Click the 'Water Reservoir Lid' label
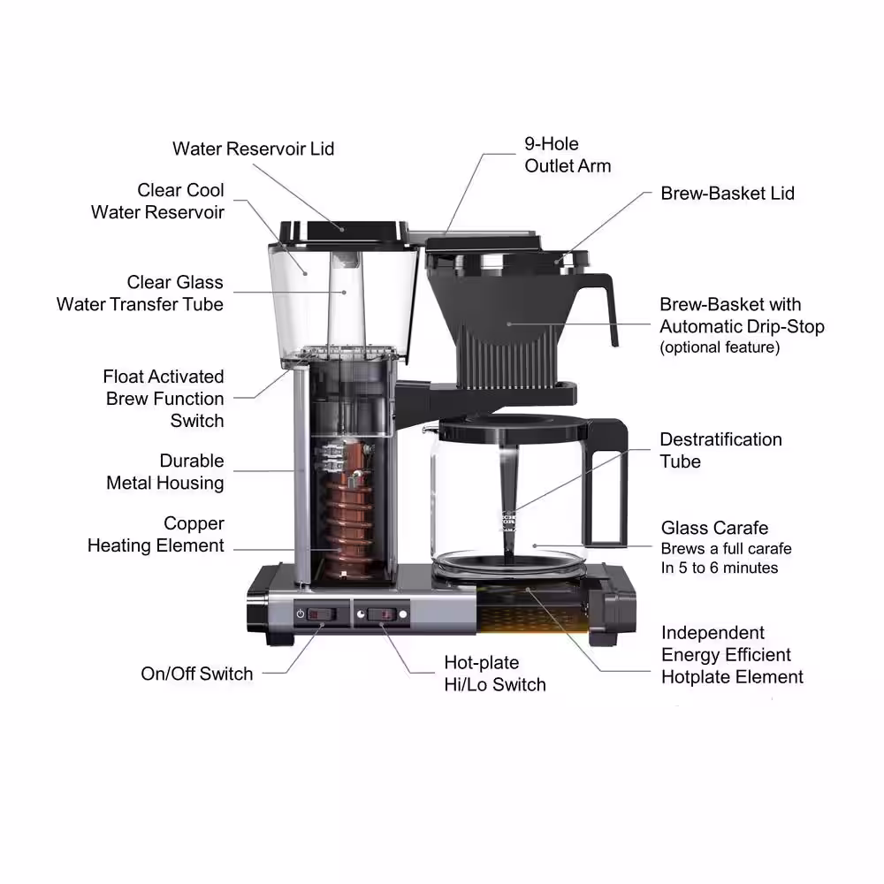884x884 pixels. click(x=253, y=149)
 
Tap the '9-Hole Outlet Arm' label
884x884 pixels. click(x=568, y=155)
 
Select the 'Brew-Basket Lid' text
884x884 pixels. click(x=727, y=193)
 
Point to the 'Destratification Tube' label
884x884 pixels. click(x=720, y=450)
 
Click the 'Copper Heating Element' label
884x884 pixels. click(x=156, y=535)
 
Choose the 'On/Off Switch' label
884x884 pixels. click(x=196, y=674)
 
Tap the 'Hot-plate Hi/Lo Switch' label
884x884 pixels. click(x=494, y=674)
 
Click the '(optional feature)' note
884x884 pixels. click(x=720, y=347)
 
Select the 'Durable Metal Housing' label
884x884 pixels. click(x=165, y=472)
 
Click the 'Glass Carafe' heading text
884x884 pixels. click(x=714, y=529)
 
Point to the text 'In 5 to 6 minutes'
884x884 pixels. click(x=720, y=568)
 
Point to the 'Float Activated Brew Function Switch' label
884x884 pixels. click(x=164, y=399)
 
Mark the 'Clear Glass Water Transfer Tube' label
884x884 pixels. click(x=141, y=293)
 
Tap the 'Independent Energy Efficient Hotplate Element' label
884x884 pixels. click(x=732, y=655)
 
